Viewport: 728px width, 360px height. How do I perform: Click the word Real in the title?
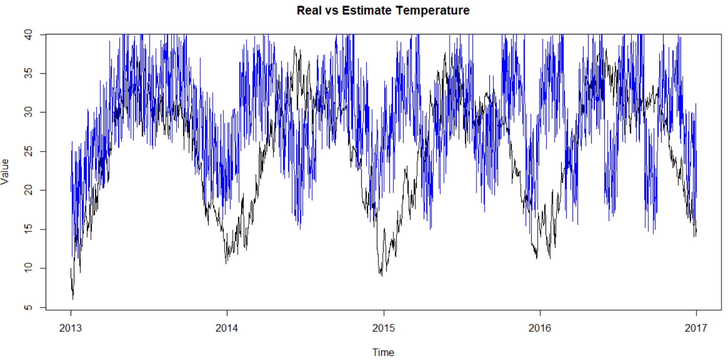click(309, 10)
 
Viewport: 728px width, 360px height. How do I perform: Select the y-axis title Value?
click(5, 172)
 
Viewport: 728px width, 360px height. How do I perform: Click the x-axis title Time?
click(383, 352)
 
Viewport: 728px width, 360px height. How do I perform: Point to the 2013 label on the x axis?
click(71, 328)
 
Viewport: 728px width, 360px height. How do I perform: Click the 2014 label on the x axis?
click(227, 328)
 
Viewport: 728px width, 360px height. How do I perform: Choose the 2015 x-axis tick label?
click(384, 328)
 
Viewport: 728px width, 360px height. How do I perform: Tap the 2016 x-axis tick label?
click(540, 328)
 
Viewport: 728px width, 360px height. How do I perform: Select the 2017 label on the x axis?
click(696, 328)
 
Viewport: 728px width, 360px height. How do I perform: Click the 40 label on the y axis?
click(28, 35)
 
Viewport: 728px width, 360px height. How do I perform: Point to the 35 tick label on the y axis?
click(28, 73)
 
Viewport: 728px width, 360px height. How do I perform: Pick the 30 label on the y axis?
click(28, 112)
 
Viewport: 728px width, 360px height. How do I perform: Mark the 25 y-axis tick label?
click(28, 151)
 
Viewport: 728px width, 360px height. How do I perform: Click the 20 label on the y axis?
click(28, 190)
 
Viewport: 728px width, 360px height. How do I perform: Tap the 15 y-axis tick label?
click(28, 229)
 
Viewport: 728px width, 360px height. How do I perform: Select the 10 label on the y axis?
click(28, 268)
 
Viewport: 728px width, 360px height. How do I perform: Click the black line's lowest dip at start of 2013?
click(73, 299)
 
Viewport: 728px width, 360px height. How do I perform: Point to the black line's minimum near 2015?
click(382, 276)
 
